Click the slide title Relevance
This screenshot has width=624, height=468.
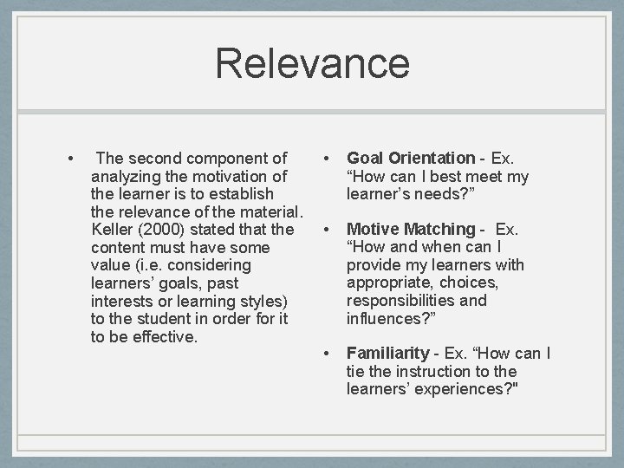pos(312,64)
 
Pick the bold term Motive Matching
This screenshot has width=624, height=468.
pos(411,230)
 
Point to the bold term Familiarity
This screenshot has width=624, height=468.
pos(387,354)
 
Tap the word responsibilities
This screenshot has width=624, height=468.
pos(405,301)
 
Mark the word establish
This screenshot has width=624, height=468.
pos(238,194)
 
